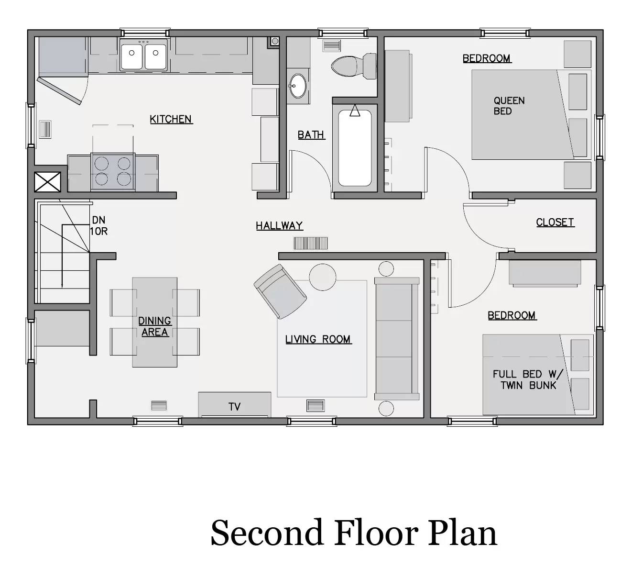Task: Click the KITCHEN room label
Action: coord(171,119)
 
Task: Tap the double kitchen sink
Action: coord(143,56)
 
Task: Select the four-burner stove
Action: coord(113,171)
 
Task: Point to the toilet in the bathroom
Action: coord(355,66)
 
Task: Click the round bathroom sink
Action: coord(298,86)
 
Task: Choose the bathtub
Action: coord(354,148)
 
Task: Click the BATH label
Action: coord(311,135)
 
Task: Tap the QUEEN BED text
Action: coord(509,106)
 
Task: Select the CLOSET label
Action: coord(555,222)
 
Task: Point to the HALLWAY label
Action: coord(279,226)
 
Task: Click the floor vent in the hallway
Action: coord(311,243)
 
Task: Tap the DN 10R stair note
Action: coord(99,226)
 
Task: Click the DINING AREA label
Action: coord(154,326)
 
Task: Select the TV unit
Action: coord(234,405)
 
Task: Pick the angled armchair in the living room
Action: coord(280,291)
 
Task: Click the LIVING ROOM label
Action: coord(318,339)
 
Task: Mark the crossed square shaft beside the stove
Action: coord(48,182)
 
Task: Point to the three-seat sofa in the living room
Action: coord(396,339)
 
